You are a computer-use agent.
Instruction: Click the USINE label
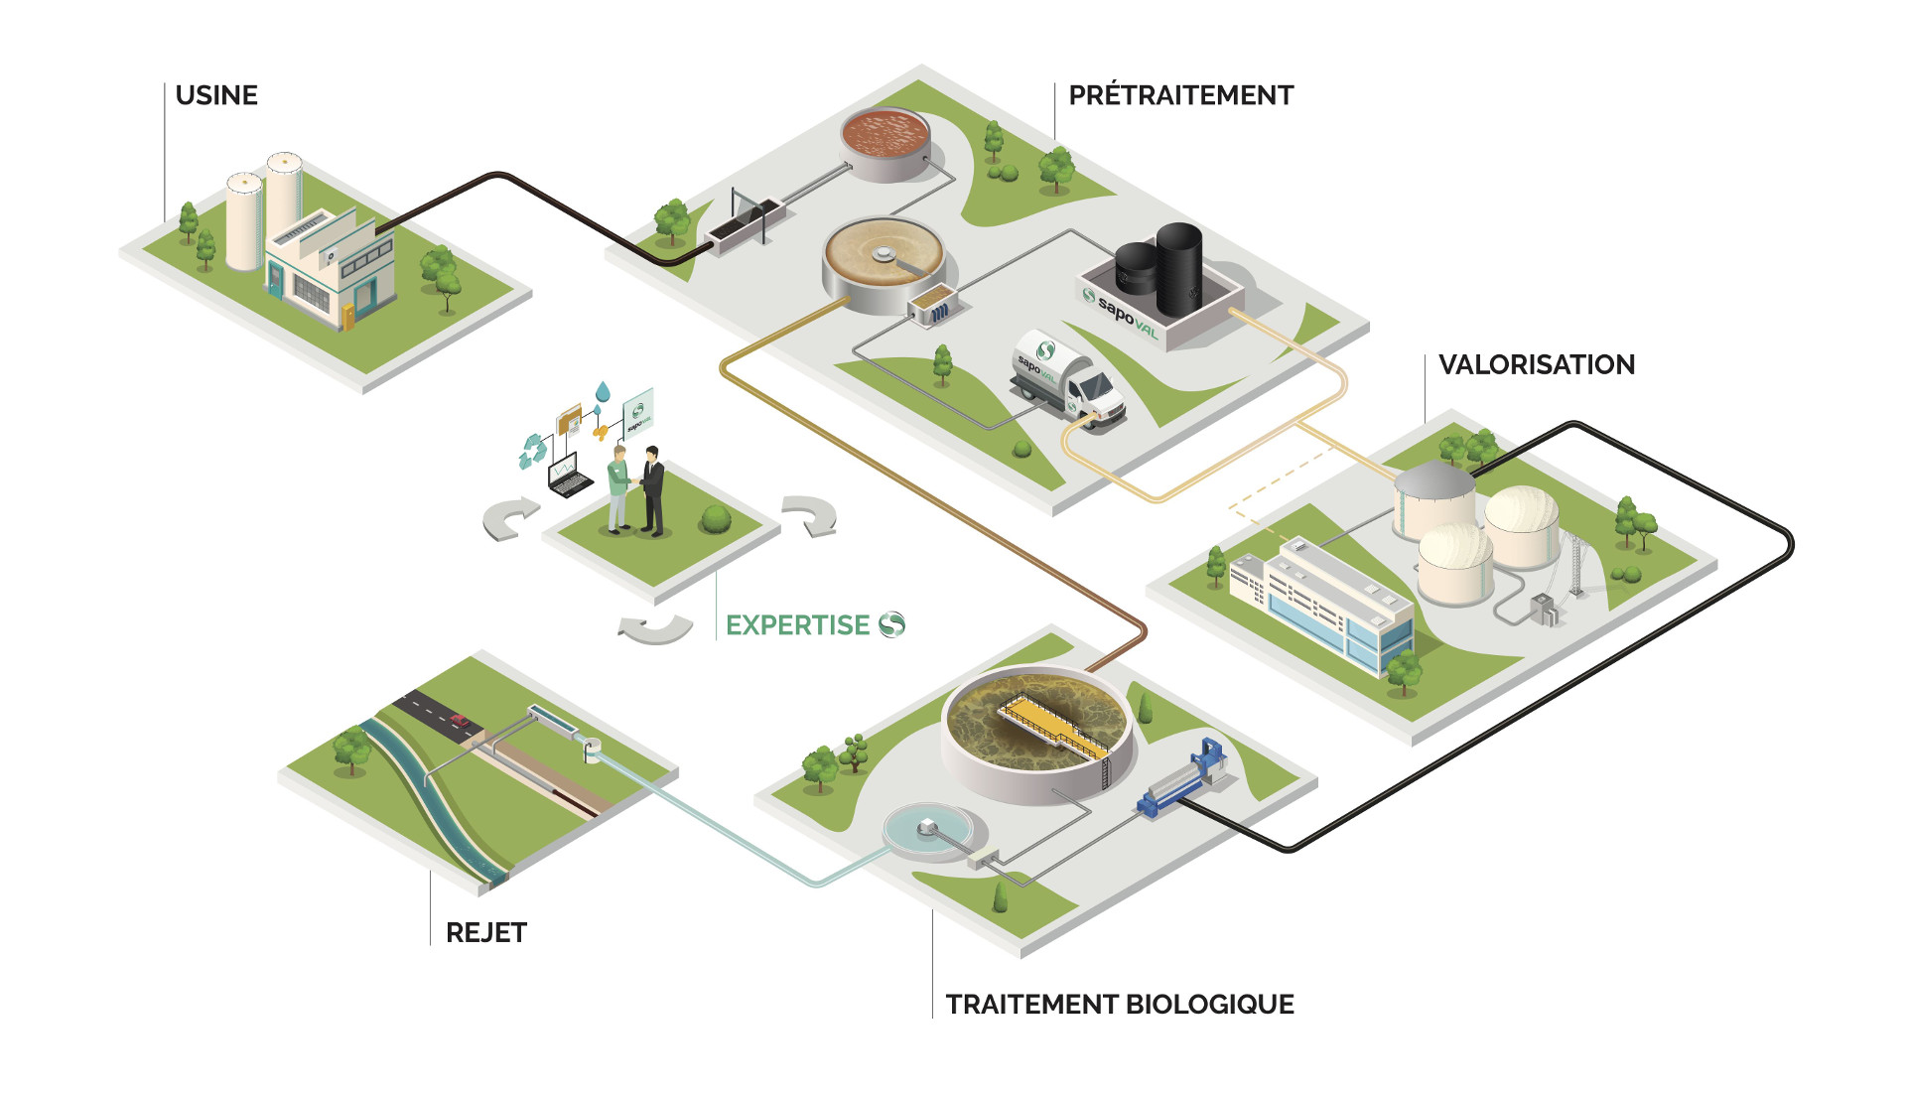tap(216, 95)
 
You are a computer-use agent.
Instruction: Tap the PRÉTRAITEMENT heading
tap(1180, 95)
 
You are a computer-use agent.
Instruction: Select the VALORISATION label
tap(1536, 364)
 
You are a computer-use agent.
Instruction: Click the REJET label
tap(486, 932)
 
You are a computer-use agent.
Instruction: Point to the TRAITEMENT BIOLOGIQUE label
tap(1119, 1005)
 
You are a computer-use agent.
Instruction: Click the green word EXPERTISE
tap(797, 624)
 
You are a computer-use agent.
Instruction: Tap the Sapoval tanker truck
tap(1066, 380)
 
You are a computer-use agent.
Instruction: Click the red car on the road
tap(459, 720)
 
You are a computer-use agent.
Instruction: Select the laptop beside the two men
tap(569, 478)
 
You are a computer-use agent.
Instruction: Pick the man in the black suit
tap(652, 491)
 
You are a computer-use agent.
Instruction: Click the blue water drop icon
tap(602, 391)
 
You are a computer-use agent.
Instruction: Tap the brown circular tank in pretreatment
tap(885, 134)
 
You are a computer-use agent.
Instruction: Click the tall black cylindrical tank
tap(1178, 266)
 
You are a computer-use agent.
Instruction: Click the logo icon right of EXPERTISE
tap(891, 624)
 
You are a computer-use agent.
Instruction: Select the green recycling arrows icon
tap(533, 451)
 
